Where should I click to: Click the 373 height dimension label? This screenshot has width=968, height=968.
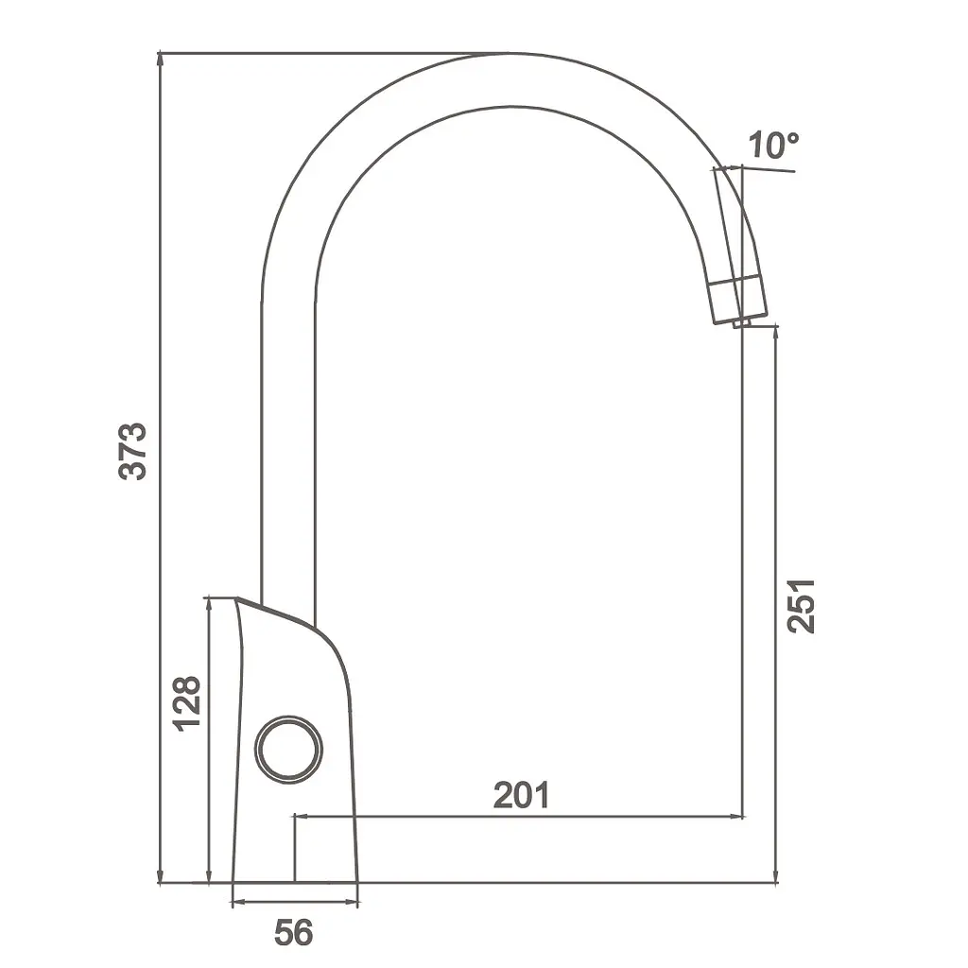132,451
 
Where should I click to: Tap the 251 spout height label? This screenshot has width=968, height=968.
802,606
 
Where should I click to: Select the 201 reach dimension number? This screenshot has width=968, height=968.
521,795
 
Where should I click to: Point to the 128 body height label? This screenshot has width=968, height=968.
187,704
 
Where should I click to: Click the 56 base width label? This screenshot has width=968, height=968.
294,932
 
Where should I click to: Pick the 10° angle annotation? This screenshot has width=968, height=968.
773,145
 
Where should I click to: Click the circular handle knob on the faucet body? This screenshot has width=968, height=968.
289,750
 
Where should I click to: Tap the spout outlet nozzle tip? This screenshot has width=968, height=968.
742,322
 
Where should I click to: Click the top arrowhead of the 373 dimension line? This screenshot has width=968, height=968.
161,60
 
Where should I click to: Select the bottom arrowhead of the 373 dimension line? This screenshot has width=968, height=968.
161,876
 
